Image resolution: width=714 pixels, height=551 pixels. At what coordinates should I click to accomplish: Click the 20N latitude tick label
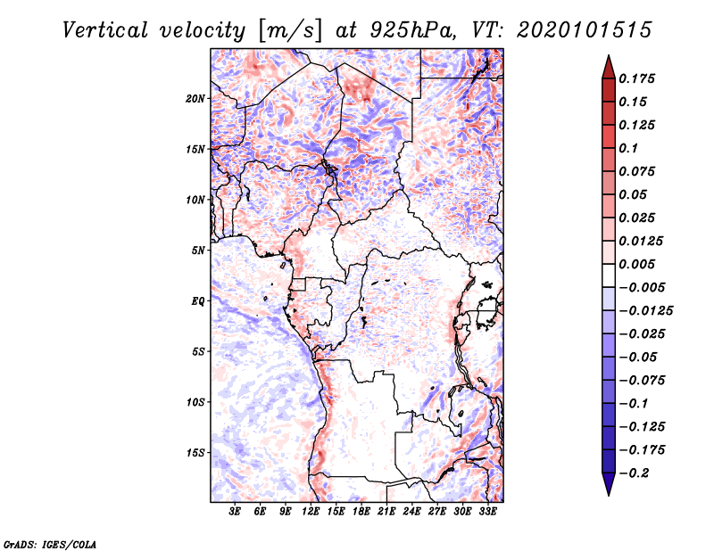195,98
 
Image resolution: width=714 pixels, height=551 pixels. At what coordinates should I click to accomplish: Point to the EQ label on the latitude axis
197,301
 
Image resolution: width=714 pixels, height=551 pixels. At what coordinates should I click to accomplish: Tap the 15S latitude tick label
195,453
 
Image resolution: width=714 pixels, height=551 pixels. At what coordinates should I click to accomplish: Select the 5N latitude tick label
198,251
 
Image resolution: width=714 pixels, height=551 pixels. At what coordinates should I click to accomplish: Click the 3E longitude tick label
236,512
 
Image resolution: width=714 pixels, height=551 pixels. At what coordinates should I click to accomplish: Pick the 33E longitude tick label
488,512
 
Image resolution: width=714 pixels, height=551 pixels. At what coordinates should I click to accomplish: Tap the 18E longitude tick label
361,512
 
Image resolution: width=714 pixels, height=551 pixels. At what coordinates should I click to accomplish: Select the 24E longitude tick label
412,512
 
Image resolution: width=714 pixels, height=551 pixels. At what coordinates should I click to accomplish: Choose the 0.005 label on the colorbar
639,264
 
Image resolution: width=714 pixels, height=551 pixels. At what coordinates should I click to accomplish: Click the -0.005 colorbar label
643,287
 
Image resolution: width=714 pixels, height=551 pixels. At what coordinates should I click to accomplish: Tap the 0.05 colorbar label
635,194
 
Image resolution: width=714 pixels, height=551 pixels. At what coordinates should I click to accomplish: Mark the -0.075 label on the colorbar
643,380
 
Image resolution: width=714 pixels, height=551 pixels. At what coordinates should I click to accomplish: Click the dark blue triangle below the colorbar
607,484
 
